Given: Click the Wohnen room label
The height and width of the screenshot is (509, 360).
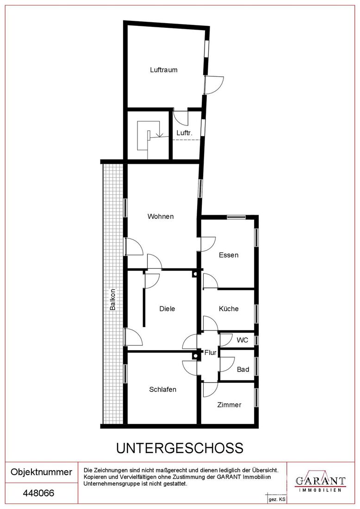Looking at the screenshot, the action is coord(161,217).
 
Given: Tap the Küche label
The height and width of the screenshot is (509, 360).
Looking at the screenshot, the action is coord(229,309).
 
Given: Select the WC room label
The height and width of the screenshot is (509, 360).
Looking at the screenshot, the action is coord(242,340).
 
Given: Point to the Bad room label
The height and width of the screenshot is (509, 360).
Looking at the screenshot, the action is coord(243,369).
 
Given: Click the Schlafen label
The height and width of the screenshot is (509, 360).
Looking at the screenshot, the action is coord(162,390).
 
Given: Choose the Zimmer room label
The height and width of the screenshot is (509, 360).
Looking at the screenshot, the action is coord(229,405).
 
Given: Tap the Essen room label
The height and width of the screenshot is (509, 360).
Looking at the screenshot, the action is coord(229,255).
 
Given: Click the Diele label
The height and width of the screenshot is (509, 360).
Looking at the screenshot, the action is coord(167,309).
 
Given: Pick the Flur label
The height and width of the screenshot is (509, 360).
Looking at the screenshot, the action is coord(211,353).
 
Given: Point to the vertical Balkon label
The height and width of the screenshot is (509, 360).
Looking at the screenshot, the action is coord(112,299).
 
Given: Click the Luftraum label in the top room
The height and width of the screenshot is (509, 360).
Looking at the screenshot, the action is coord(164,70).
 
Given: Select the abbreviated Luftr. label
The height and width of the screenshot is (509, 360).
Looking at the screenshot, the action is coord(184,133).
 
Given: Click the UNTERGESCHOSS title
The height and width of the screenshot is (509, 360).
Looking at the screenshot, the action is coord(180,448).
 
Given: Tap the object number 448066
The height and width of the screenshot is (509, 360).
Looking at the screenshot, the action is coord(38,493).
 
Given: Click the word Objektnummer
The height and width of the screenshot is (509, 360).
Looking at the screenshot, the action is coord(42,472).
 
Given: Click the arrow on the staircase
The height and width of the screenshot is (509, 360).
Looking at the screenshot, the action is coord(159,134).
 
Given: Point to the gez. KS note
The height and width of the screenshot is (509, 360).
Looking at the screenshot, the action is coord(277,500).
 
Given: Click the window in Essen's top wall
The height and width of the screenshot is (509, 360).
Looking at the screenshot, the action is coord(236,217).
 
